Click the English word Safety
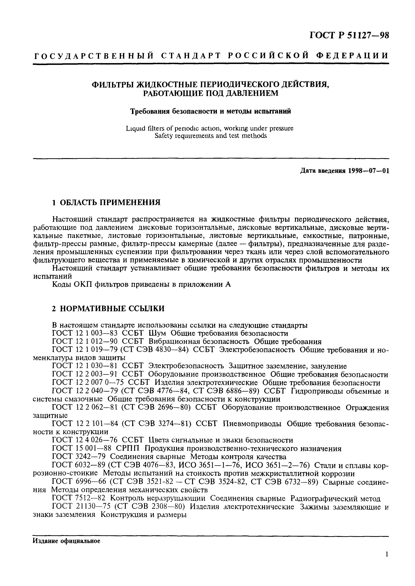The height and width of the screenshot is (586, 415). (164, 136)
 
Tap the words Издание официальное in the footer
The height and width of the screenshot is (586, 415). (66, 541)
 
